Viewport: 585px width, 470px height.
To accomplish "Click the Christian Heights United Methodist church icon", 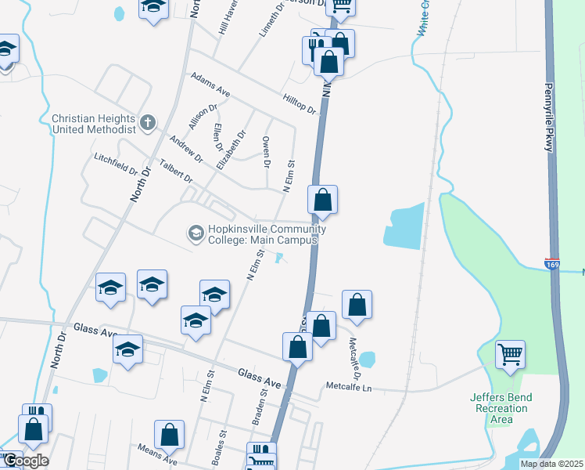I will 148,122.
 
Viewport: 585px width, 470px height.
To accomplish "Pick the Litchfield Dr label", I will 116,165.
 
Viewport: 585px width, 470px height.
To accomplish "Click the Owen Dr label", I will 267,153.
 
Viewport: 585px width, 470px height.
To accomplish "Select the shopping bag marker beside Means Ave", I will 169,435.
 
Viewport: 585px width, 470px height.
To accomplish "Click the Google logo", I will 25,461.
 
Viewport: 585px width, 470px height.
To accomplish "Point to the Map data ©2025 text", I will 551,464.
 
